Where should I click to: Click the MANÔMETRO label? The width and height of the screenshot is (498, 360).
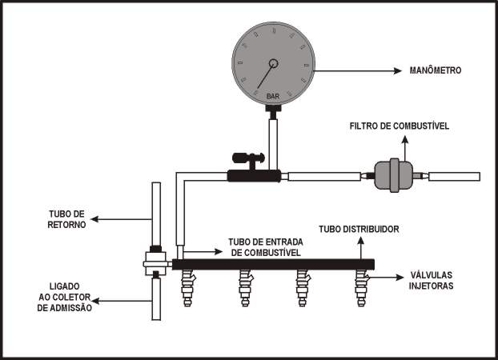tap(435, 70)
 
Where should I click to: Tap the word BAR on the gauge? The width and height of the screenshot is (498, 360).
tap(273, 96)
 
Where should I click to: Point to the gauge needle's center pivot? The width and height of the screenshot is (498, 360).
tap(274, 63)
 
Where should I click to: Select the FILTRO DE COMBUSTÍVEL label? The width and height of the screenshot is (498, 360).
tap(400, 126)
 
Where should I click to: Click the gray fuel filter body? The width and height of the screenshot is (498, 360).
tap(394, 175)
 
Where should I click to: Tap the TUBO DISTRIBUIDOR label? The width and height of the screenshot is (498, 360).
tap(359, 230)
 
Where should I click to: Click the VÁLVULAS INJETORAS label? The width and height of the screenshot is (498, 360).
tap(431, 280)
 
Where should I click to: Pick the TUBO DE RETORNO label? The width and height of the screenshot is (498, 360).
tap(66, 219)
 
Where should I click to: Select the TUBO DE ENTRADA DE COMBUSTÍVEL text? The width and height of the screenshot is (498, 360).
tap(266, 247)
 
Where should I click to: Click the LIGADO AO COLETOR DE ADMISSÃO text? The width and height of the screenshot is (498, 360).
tap(65, 297)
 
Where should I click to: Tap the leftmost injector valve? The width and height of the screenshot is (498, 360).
tap(187, 288)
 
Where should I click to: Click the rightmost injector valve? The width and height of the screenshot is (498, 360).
tap(361, 288)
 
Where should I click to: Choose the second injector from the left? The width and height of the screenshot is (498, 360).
tap(245, 288)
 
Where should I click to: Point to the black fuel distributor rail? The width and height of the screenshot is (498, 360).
tap(273, 265)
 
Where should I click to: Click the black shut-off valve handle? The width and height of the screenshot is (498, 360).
tap(248, 158)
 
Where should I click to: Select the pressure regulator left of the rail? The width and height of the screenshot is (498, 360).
tap(155, 263)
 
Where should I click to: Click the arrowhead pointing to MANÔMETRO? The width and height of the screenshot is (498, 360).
tap(398, 70)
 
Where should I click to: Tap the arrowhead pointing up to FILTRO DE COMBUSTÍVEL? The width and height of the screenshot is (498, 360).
tap(404, 140)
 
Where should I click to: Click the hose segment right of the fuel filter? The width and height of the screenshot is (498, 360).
tap(454, 177)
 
